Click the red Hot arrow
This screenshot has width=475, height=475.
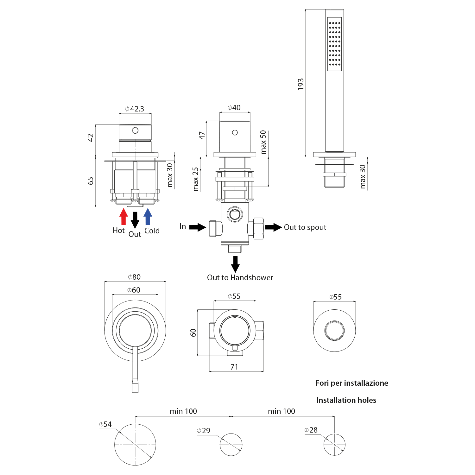pos(123,217)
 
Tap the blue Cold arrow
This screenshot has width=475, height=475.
pos(148,217)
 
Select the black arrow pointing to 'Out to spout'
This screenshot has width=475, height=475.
pos(273,227)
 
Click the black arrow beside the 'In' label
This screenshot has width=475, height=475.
pos(198,227)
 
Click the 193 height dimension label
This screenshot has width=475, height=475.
pos(301,84)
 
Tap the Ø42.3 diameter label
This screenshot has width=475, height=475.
pos(135,109)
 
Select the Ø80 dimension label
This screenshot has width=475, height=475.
pos(134,277)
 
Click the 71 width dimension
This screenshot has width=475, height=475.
pos(234,367)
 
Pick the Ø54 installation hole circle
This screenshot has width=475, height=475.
pos(135,445)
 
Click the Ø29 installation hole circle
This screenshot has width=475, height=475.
pos(231,445)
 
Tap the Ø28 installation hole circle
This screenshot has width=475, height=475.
pos(334,445)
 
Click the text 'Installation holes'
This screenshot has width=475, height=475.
pos(346,400)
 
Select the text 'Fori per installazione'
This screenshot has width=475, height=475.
pos(352,383)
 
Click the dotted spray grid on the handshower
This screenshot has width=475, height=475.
pos(334,44)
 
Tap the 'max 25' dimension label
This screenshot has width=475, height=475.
pos(196,179)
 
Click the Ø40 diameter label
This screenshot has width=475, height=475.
pos(234,108)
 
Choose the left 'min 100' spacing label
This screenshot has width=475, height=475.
pos(183,411)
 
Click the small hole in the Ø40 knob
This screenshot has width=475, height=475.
pos(235,133)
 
